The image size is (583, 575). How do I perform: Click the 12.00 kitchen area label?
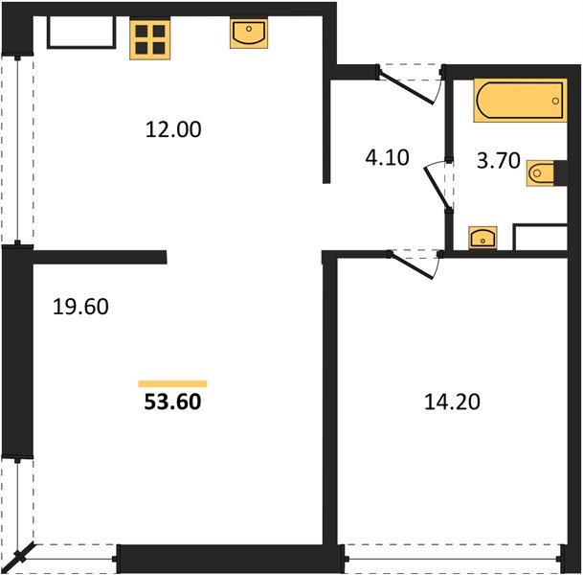tap(173, 129)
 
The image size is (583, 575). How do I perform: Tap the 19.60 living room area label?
tap(80, 307)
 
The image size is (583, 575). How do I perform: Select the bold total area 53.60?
tap(172, 402)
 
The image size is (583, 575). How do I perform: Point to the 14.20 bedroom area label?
tap(452, 402)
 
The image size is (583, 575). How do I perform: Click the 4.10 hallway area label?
tap(387, 157)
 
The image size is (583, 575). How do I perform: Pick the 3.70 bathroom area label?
tap(498, 161)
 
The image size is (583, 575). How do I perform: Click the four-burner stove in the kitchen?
tap(150, 39)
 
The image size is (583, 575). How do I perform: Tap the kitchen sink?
tap(249, 34)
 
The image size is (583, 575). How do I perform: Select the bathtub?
tap(520, 100)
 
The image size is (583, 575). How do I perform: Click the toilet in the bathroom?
tap(540, 173)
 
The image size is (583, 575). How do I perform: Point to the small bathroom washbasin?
tap(482, 238)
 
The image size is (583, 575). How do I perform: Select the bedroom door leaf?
tap(412, 266)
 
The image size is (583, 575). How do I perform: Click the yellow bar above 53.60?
tap(172, 383)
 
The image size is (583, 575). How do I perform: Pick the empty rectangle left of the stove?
tap(81, 33)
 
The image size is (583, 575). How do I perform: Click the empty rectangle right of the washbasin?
tap(540, 237)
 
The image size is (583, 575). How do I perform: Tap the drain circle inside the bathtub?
tap(555, 101)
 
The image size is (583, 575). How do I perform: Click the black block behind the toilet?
tap(560, 173)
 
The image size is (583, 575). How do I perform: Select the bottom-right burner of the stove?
tap(159, 48)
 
